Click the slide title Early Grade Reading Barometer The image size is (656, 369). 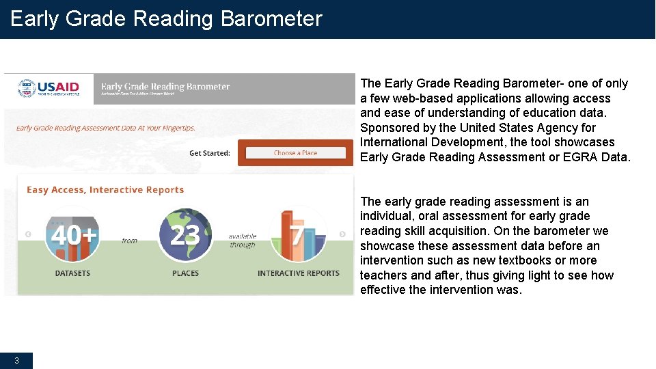pos(166,18)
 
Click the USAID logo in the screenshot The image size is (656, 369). pos(49,89)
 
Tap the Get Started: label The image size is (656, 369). pos(210,153)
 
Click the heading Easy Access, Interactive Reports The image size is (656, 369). pos(105,190)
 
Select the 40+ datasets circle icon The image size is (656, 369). pos(72,235)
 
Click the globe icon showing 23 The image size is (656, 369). pos(185,235)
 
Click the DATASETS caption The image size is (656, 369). pos(72,273)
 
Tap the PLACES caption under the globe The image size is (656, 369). pos(185,273)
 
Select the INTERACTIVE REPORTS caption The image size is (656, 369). pos(298,273)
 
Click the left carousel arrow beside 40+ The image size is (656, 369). pos(28,234)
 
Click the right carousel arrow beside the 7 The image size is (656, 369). pos(342,234)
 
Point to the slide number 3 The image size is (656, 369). pos(16,360)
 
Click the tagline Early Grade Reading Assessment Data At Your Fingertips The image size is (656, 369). pos(106,128)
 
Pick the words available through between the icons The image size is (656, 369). pos(243,241)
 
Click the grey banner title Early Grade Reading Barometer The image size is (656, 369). pos(165,87)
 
